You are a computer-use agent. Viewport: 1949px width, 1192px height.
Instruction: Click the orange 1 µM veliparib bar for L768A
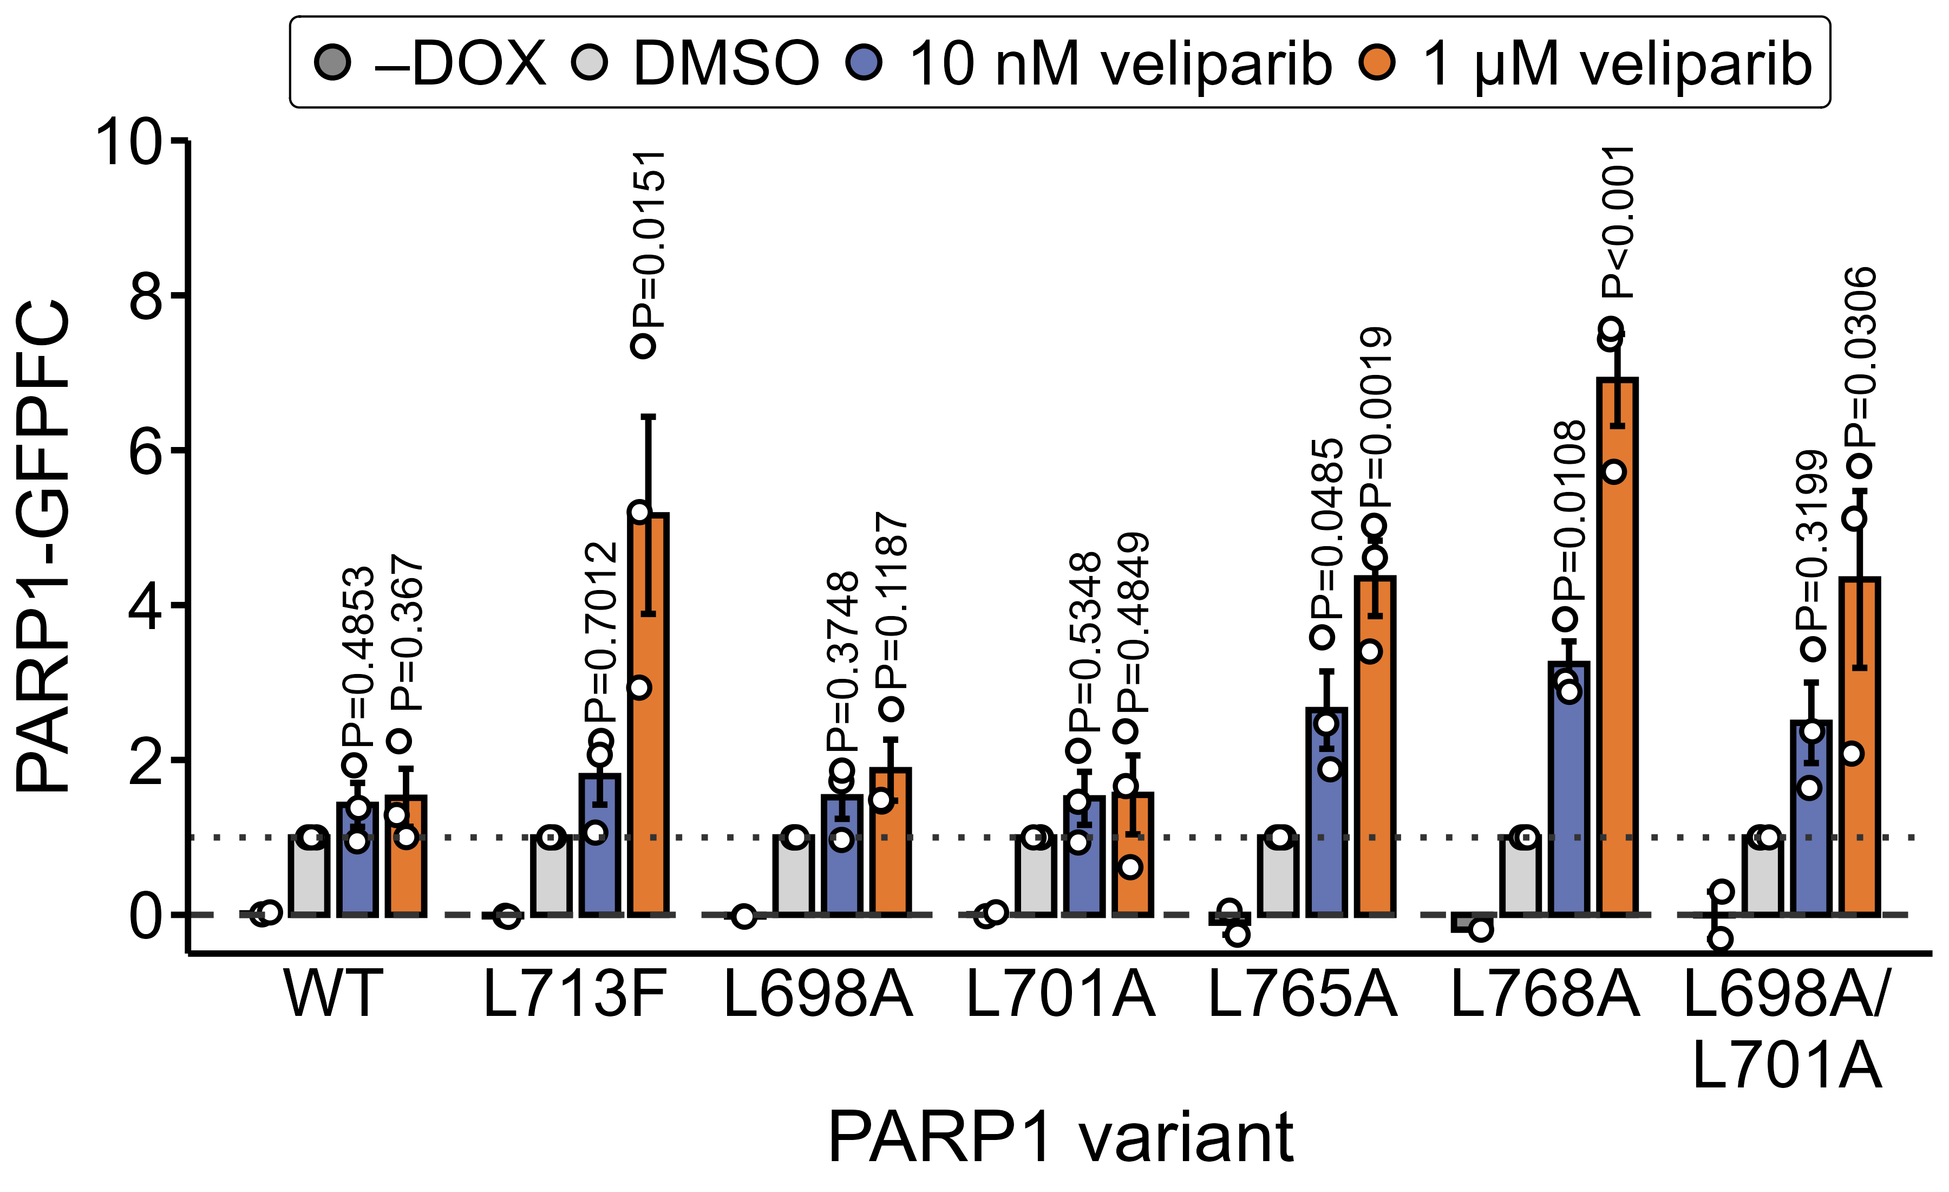tap(1617, 649)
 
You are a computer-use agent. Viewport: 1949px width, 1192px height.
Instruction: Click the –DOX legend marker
tap(332, 62)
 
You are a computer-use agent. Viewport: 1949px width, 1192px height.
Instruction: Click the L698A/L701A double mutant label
tap(1786, 1029)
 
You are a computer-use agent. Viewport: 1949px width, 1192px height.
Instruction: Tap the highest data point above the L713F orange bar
tap(643, 345)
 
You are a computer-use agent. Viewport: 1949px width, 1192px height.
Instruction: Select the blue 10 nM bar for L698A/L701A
tap(1811, 819)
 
